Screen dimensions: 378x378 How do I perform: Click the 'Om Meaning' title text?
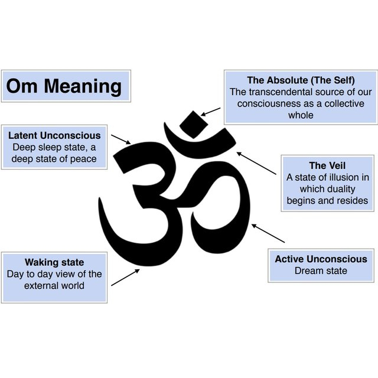click(x=64, y=87)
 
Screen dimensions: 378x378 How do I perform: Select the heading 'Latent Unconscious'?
click(x=54, y=135)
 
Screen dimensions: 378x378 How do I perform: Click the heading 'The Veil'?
click(x=327, y=165)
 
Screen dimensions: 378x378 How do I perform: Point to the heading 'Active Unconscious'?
click(x=321, y=259)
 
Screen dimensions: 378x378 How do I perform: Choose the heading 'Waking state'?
click(x=54, y=262)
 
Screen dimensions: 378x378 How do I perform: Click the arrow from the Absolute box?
click(x=211, y=112)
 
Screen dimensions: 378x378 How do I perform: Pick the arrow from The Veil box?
click(x=257, y=163)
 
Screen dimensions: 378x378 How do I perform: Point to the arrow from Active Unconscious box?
click(x=268, y=233)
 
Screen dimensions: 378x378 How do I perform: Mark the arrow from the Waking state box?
click(x=125, y=276)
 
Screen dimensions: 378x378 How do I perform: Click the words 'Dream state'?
click(x=321, y=271)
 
